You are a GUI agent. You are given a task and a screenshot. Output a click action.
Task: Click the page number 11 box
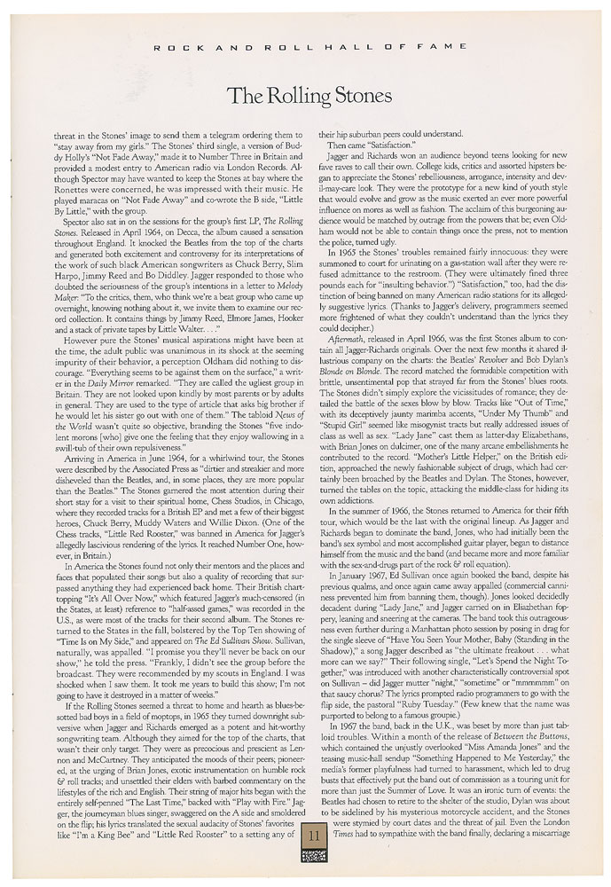[x=306, y=834]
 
